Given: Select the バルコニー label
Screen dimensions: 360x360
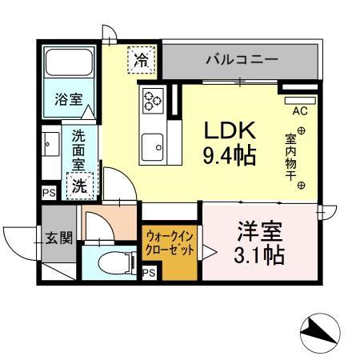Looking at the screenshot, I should pyautogui.click(x=241, y=59).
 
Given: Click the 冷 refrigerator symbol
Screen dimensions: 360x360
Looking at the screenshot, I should pyautogui.click(x=141, y=58).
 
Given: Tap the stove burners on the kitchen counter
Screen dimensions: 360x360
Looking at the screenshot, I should pyautogui.click(x=152, y=100).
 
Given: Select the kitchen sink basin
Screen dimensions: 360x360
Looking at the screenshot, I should pyautogui.click(x=152, y=146).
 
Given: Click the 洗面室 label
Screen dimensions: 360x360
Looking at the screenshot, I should pyautogui.click(x=78, y=149).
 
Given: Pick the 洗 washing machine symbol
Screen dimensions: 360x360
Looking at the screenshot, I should pyautogui.click(x=80, y=186).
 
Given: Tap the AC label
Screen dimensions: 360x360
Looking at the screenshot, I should pyautogui.click(x=299, y=111).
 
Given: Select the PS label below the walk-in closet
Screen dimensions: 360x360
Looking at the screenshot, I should pyautogui.click(x=148, y=273).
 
